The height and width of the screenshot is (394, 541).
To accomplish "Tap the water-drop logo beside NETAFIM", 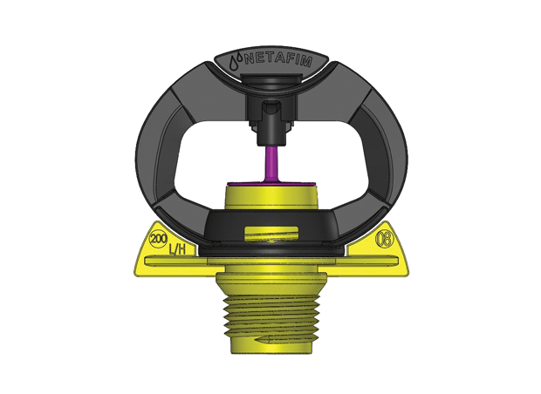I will pyautogui.click(x=235, y=62).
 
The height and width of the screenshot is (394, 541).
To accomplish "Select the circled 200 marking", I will pyautogui.click(x=160, y=238).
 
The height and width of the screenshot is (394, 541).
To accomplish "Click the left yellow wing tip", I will pyautogui.click(x=141, y=266).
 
